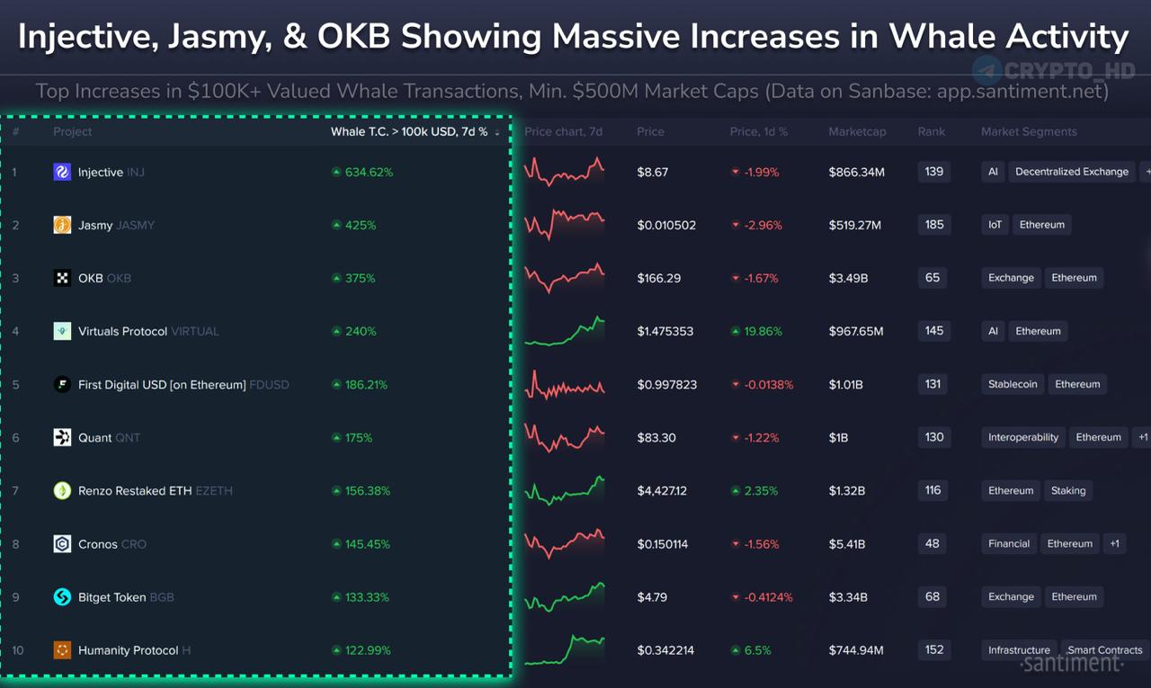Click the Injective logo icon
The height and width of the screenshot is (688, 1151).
[62, 172]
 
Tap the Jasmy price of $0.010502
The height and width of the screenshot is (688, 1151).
[666, 225]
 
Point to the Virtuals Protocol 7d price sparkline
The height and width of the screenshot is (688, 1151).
[565, 331]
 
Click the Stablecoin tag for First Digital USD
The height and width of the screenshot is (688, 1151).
[1013, 384]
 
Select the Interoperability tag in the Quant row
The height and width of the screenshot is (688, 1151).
[1023, 437]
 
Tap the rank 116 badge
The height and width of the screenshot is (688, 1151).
[932, 490]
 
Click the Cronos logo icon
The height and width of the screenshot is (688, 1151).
[62, 544]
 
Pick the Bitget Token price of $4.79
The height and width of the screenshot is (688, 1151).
[652, 596]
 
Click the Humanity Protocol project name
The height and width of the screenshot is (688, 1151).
[128, 650]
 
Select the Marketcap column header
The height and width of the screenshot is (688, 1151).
[857, 131]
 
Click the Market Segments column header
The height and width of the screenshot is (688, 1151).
[1029, 131]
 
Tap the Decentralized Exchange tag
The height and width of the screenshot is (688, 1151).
[1072, 172]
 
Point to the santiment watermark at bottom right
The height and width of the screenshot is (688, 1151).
[1072, 664]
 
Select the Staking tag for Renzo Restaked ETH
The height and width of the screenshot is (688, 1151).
[1068, 490]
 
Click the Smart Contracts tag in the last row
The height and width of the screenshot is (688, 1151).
[1104, 650]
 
